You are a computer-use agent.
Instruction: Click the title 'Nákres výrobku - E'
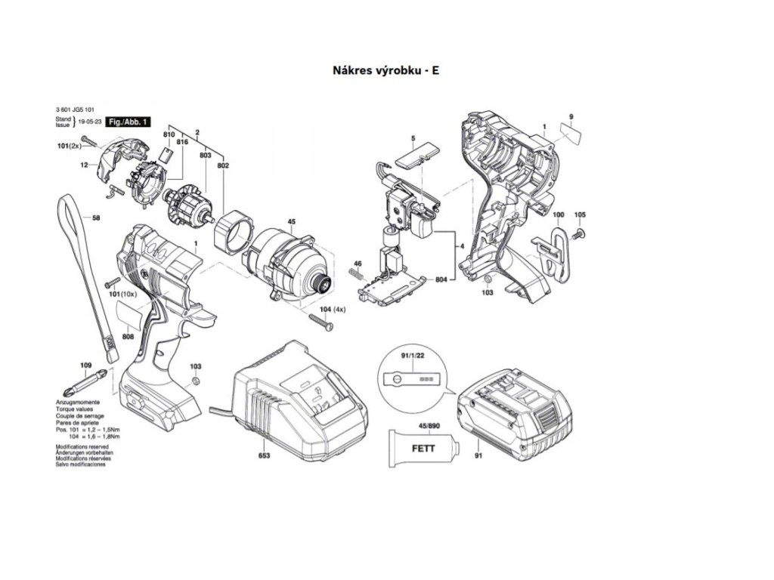pos(385,70)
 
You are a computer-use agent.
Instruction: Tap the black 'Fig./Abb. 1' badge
pos(128,122)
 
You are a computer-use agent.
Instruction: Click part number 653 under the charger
pos(264,456)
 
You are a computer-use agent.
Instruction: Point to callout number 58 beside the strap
pos(96,218)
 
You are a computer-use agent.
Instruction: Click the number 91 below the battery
pos(478,457)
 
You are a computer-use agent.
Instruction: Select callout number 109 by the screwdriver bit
pos(85,365)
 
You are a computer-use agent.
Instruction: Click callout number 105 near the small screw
pos(580,215)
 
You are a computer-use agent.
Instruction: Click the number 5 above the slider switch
pos(413,137)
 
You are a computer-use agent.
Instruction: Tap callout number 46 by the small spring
pos(358,263)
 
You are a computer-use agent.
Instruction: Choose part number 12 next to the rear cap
pos(85,165)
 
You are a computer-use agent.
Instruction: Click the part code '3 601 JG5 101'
pos(75,111)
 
